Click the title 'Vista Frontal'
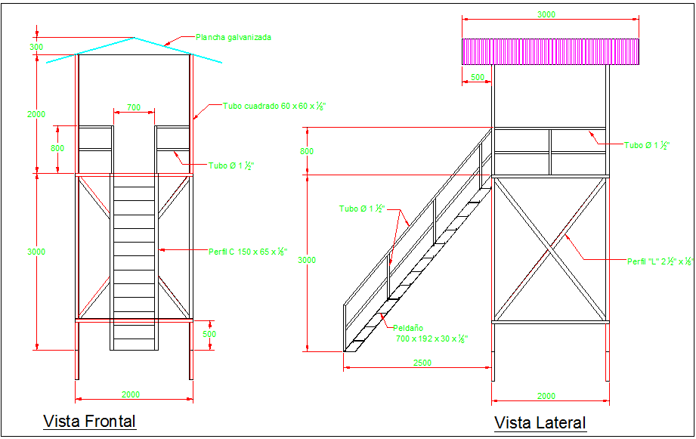click(x=89, y=421)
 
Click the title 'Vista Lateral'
click(x=540, y=422)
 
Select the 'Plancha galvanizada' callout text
click(x=233, y=37)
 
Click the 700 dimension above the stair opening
click(x=134, y=108)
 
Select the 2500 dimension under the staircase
click(x=422, y=363)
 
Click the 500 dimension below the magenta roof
click(x=477, y=77)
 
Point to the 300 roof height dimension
click(x=36, y=47)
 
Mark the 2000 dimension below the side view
click(x=546, y=396)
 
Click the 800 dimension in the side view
click(x=307, y=151)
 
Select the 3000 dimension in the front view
click(x=36, y=252)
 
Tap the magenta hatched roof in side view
click(x=550, y=51)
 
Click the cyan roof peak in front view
click(x=134, y=37)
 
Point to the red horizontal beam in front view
click(x=134, y=320)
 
